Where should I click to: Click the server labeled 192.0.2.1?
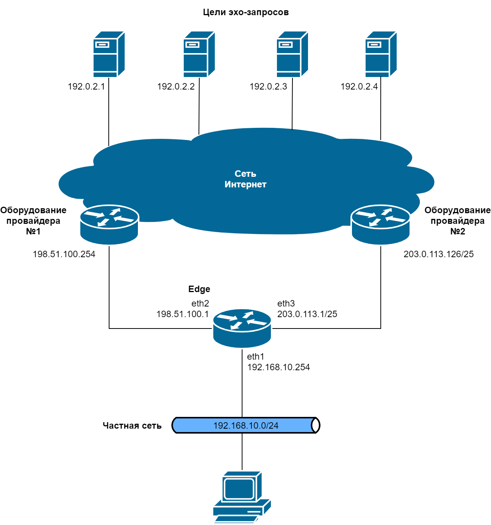click(109, 54)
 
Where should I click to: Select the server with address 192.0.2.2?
click(199, 54)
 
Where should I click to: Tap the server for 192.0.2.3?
click(292, 54)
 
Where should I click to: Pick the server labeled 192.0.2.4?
click(381, 54)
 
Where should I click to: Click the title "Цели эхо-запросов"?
click(246, 13)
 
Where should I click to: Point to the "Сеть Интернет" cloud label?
click(245, 179)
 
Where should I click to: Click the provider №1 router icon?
click(109, 224)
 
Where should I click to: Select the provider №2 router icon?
click(381, 224)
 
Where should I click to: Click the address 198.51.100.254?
click(64, 254)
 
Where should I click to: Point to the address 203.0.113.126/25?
click(438, 254)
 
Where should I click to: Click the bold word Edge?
click(199, 289)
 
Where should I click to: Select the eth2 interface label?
click(200, 303)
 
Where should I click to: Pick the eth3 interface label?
click(286, 303)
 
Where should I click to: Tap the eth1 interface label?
click(256, 357)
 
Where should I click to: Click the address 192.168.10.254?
click(278, 367)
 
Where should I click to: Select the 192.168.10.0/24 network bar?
click(246, 426)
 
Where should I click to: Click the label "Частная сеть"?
click(132, 426)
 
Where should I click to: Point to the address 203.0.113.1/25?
click(307, 314)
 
